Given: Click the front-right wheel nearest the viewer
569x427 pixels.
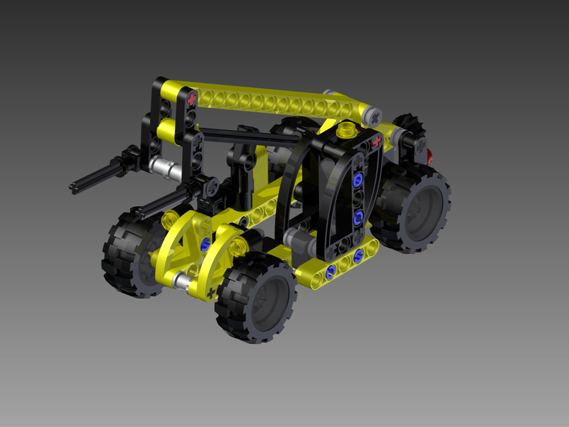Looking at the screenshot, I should pyautogui.click(x=257, y=298).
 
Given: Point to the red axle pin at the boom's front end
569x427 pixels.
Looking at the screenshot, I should pyautogui.click(x=193, y=99).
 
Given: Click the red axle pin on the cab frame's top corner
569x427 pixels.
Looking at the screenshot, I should pyautogui.click(x=376, y=141).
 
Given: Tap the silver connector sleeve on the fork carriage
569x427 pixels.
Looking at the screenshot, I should pyautogui.click(x=162, y=166).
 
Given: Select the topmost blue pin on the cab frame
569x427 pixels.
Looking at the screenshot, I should pyautogui.click(x=359, y=179).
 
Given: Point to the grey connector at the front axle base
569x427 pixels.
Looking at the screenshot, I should pyautogui.click(x=180, y=281).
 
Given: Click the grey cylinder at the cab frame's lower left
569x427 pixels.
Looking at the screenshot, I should pyautogui.click(x=294, y=238).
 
